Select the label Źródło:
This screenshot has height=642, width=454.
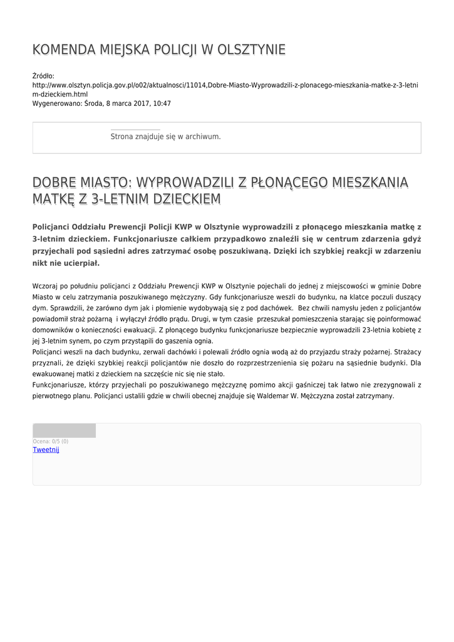coord(43,76)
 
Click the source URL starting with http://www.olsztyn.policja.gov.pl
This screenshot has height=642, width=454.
coord(225,85)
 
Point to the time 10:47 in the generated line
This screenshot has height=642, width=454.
coord(162,103)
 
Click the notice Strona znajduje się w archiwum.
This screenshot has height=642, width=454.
coord(165,136)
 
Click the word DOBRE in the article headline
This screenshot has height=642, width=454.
coord(54,182)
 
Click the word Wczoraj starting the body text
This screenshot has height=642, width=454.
coord(45,286)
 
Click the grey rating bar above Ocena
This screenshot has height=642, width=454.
coord(64,431)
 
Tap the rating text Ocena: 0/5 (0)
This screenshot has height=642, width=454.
coord(51,441)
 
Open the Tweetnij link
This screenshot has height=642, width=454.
coord(46,450)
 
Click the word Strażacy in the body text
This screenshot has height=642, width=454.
coord(406,352)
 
